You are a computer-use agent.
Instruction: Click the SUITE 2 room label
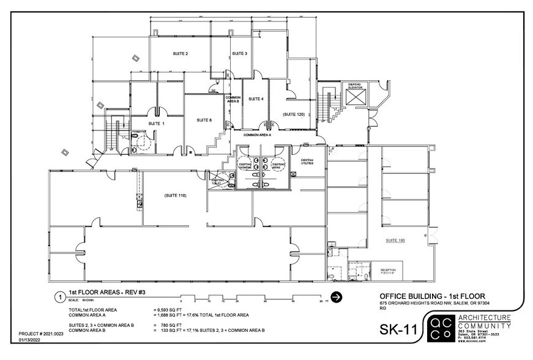(180, 54)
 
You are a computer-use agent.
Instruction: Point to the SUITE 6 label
(204, 120)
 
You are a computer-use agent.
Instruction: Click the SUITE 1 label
(157, 123)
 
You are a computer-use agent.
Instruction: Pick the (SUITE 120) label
(293, 114)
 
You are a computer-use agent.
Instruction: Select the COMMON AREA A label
(260, 134)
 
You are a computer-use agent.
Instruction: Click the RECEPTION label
(389, 270)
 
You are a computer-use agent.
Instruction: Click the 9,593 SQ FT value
(169, 310)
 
